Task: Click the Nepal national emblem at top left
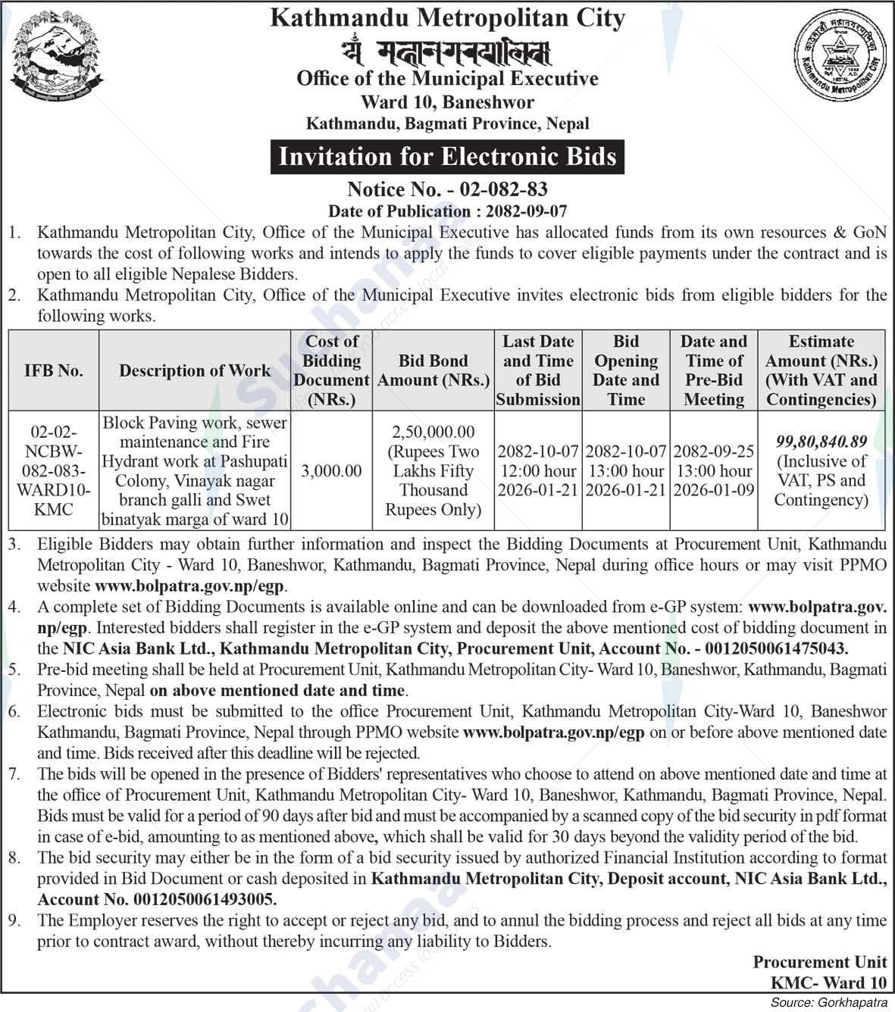pos(58,64)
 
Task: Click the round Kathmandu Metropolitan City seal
pos(838,65)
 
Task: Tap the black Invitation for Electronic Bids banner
pos(447,156)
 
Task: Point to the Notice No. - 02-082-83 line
pos(447,189)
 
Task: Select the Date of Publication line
pos(447,211)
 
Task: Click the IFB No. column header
pos(53,370)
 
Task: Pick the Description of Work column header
pos(195,370)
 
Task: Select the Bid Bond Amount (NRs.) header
pos(433,370)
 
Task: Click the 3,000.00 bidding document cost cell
pos(331,471)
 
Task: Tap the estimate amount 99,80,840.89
pos(821,441)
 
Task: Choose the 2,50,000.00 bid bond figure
pos(433,432)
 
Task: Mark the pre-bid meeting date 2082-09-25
pos(714,451)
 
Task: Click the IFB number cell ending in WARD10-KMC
pos(53,471)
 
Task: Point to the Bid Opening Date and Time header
pos(626,370)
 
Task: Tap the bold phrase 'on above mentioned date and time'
pos(278,691)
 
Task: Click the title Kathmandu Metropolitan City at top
pos(447,18)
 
